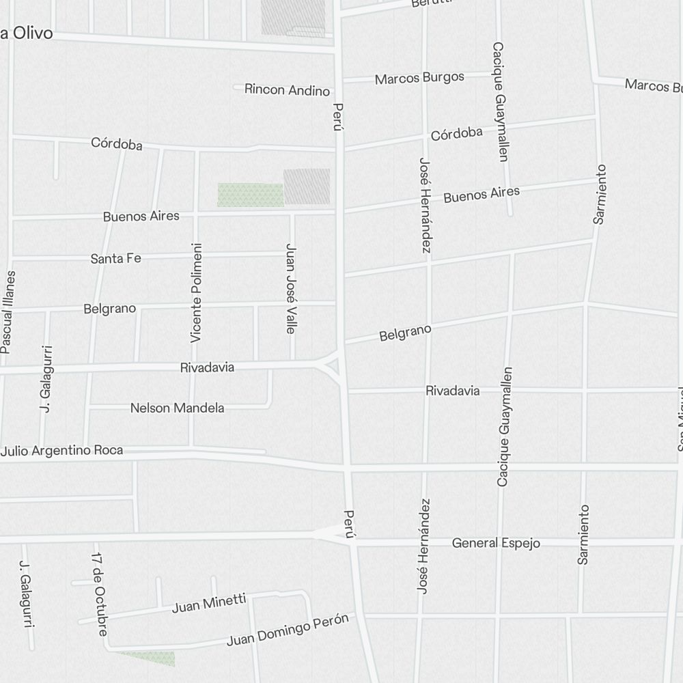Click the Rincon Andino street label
point(287,89)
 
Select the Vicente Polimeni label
point(197,292)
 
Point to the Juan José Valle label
point(291,288)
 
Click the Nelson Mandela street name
point(178,408)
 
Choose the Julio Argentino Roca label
point(62,451)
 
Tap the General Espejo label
point(496,544)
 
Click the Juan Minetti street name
point(209,603)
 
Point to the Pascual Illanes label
point(8,312)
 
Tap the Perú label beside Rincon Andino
point(337,116)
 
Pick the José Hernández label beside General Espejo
point(424,546)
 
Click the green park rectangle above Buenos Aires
point(250,195)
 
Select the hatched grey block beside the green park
point(307,186)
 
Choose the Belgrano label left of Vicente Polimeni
point(110,309)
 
